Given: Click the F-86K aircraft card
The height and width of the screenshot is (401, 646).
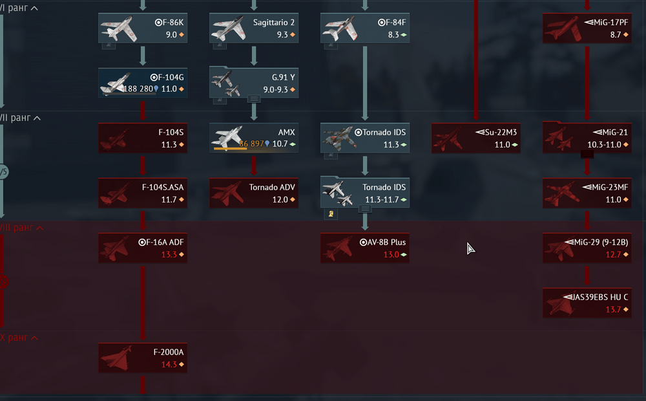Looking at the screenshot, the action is click(143, 28).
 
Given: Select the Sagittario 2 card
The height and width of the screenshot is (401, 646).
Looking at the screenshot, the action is click(254, 28).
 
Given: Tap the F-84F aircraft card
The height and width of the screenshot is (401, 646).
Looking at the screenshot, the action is click(365, 28).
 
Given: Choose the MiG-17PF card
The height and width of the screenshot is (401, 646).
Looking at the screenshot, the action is click(587, 28).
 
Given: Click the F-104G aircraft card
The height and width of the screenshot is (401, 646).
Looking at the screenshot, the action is click(143, 83).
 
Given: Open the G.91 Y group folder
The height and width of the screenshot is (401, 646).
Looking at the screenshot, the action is click(254, 83).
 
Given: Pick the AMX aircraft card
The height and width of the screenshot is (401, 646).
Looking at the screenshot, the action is click(254, 138).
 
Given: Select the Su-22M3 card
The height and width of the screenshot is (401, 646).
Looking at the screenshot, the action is click(476, 138).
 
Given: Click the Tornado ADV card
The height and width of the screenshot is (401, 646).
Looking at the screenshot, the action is click(254, 193).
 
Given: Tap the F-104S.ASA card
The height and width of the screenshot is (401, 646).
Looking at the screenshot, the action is click(143, 193).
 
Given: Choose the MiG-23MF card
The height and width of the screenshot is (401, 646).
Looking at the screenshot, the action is click(587, 193).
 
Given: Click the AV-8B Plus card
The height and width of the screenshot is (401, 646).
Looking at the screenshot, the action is click(365, 248).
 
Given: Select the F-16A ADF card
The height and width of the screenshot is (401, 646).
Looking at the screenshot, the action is click(143, 248).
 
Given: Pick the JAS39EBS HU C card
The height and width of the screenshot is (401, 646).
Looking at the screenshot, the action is click(587, 303).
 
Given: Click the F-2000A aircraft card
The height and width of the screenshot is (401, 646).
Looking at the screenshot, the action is click(143, 358).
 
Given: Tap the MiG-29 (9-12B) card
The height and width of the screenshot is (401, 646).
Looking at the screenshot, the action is click(587, 248).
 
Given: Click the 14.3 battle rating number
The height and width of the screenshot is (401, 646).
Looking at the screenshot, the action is click(169, 364).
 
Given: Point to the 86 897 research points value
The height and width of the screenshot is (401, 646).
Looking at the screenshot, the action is click(251, 144).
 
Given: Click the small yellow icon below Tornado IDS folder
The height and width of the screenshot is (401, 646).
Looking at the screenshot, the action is click(331, 213).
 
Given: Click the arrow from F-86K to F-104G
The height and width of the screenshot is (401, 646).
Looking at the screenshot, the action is click(143, 56).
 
